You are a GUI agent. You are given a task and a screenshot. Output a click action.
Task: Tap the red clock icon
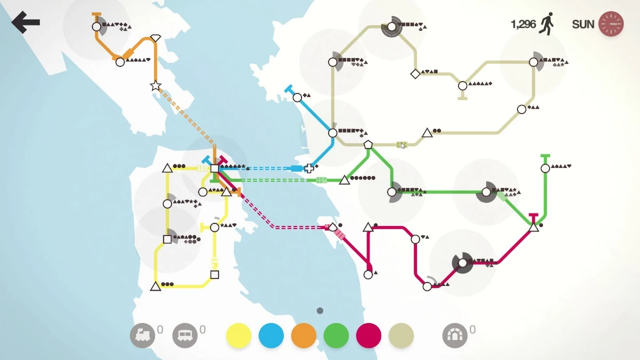click(x=611, y=25)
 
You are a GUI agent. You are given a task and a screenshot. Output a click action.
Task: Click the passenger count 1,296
click(x=523, y=25)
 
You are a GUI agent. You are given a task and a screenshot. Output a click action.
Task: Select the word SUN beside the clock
click(x=583, y=25)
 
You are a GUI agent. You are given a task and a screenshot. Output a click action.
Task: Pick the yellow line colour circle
click(x=238, y=335)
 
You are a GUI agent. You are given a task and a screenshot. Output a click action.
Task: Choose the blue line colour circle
click(x=271, y=335)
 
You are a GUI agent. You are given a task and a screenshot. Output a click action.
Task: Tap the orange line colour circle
click(x=303, y=335)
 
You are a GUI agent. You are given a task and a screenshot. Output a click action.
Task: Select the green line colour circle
click(x=336, y=335)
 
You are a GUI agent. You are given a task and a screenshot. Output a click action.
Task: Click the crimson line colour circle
click(x=369, y=335)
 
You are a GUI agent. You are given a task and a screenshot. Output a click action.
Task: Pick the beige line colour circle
click(x=401, y=335)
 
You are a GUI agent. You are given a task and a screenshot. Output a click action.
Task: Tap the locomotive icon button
click(x=142, y=335)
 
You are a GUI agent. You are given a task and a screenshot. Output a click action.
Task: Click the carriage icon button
click(x=185, y=335)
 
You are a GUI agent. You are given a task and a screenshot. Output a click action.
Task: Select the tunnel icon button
click(x=455, y=335)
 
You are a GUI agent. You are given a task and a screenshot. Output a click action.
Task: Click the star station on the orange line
click(x=155, y=85)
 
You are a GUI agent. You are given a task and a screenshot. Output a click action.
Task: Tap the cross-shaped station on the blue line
click(x=309, y=169)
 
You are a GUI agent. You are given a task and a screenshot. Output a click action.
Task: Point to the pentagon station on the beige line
click(x=368, y=144)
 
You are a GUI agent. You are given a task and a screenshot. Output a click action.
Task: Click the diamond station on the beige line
click(x=415, y=74)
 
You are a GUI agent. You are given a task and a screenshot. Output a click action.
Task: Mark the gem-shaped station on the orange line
click(x=155, y=38)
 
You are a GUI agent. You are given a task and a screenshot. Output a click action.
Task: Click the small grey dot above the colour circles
click(x=320, y=310)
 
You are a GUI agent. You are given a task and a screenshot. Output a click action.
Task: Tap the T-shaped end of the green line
click(x=545, y=156)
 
